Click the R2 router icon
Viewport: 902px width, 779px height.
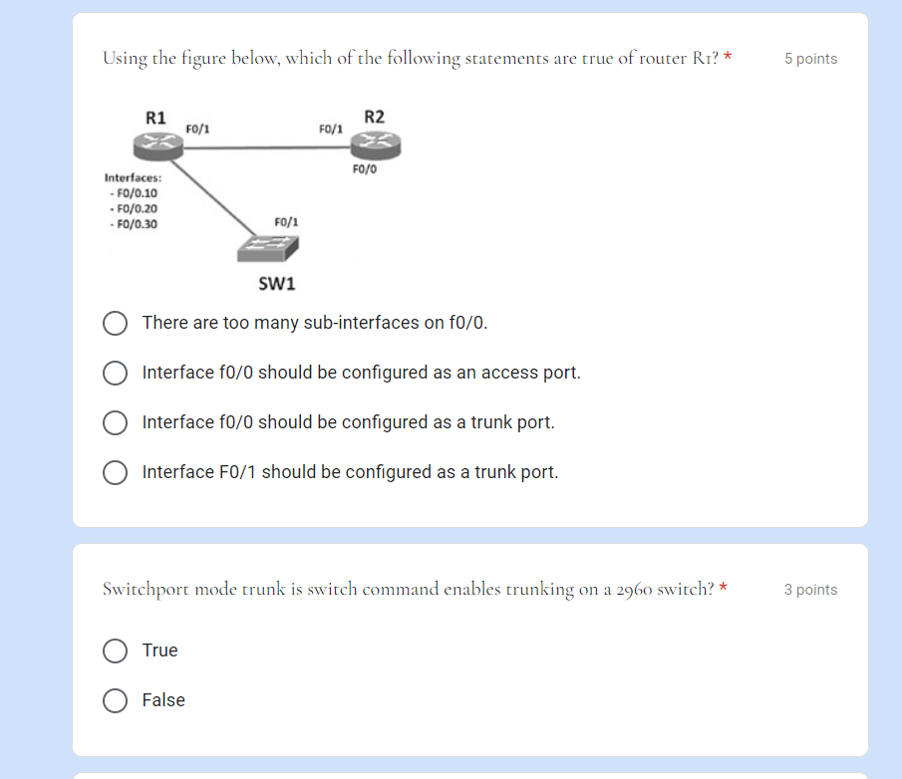click(x=374, y=145)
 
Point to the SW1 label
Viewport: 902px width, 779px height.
click(x=277, y=284)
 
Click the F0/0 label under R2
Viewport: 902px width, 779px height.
click(x=365, y=169)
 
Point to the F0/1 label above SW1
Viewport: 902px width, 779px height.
click(x=286, y=221)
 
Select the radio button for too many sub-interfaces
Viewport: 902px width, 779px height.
click(x=115, y=323)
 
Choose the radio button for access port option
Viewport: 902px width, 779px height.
click(x=115, y=373)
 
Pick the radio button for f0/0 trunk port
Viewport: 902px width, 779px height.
click(x=115, y=422)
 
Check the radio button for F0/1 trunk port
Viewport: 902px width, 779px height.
click(x=115, y=472)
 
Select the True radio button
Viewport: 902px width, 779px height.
click(x=115, y=650)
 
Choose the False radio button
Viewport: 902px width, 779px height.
click(x=115, y=700)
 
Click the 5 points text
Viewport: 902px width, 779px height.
click(x=810, y=59)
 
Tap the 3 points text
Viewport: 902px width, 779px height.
click(x=810, y=590)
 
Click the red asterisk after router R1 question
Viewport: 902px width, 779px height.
click(x=728, y=58)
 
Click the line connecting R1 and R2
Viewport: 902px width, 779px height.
click(x=264, y=148)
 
